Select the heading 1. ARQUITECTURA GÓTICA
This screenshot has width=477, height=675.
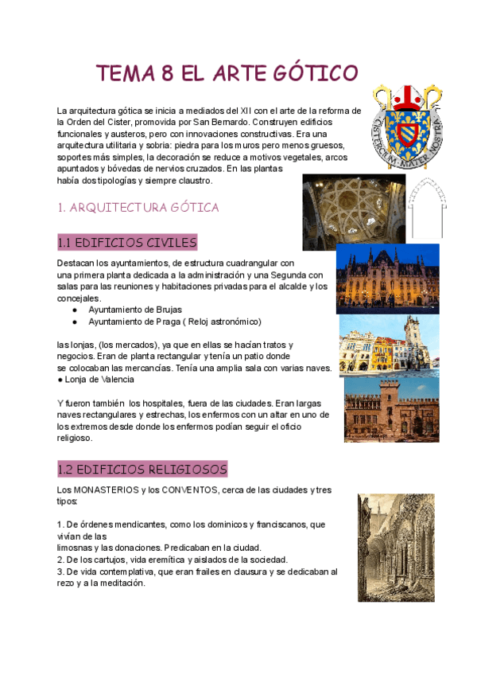pos(138,208)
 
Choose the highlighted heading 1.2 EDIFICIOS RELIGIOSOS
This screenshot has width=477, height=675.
pos(143,469)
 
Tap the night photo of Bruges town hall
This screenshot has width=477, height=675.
pos(388,279)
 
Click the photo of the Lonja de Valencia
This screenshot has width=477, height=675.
pos(391,409)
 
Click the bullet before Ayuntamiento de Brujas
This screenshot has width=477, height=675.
pos(74,309)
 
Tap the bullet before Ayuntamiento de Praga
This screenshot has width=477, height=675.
pos(74,322)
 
